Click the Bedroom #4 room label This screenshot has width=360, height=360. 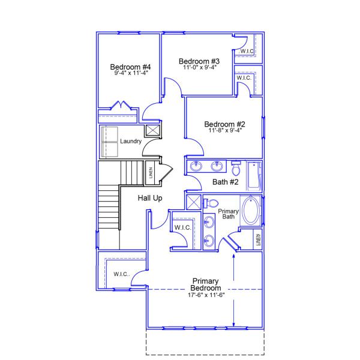[x=130, y=67]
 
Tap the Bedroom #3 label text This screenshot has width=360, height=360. [x=199, y=61]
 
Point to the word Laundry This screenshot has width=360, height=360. [x=130, y=142]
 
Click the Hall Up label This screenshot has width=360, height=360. [x=150, y=198]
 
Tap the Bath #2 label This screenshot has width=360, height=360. [x=226, y=181]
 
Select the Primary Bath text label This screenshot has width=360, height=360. [x=229, y=214]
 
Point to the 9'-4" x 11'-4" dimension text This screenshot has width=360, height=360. [x=130, y=73]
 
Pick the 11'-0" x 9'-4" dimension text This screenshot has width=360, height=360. [x=199, y=67]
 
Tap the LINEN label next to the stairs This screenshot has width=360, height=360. [x=151, y=173]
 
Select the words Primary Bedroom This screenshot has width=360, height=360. [x=204, y=284]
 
